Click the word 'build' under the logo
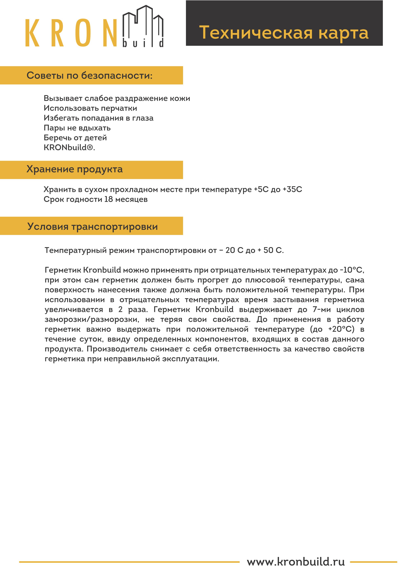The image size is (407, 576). [143, 43]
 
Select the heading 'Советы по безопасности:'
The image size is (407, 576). [90, 75]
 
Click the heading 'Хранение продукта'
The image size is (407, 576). [75, 169]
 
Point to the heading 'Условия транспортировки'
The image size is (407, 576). [93, 227]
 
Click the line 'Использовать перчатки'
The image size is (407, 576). [90, 108]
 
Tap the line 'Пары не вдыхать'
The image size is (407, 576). [77, 128]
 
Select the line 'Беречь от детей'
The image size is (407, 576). [75, 138]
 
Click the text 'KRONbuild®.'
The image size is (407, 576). [69, 147]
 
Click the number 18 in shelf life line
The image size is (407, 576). [109, 199]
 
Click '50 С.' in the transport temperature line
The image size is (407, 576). [273, 250]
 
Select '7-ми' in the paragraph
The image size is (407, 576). [321, 310]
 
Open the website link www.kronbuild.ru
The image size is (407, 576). [296, 562]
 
